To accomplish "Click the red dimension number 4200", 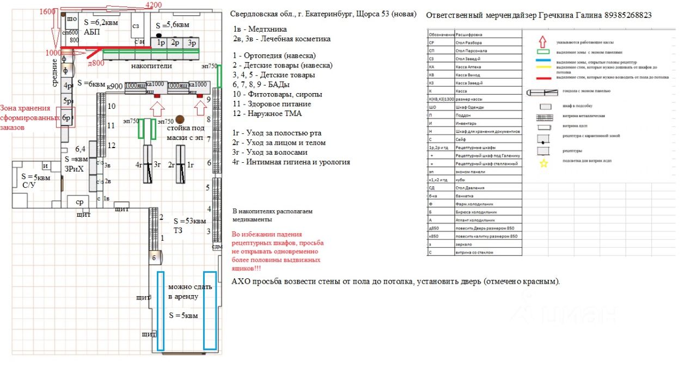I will (x=154, y=5).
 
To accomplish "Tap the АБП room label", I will (x=92, y=32).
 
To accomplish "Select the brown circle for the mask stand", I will (x=180, y=119).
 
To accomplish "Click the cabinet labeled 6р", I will (x=67, y=118).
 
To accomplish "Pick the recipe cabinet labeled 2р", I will (x=175, y=42).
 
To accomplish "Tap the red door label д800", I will (x=96, y=63).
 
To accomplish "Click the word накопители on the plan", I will (x=151, y=66).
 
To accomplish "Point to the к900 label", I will (x=115, y=86).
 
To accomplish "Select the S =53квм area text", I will (x=189, y=221).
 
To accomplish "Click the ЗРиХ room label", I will (x=74, y=169).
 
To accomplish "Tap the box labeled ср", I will (x=80, y=202).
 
